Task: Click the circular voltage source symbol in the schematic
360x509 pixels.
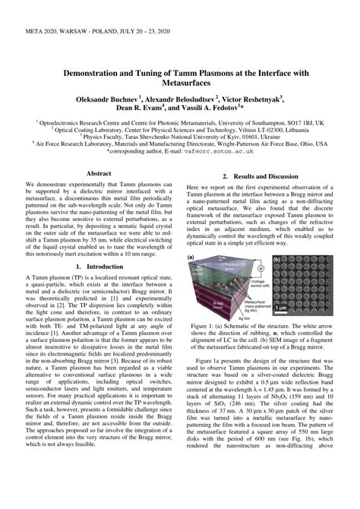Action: pyautogui.click(x=261, y=267)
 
